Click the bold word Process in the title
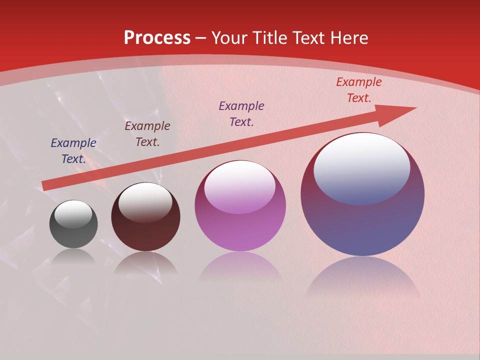[157, 38]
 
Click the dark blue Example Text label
[73, 151]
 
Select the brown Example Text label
[147, 134]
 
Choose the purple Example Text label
[241, 113]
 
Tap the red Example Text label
[358, 90]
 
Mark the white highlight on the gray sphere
[73, 214]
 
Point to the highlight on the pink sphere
[240, 187]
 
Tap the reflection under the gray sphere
[73, 256]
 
